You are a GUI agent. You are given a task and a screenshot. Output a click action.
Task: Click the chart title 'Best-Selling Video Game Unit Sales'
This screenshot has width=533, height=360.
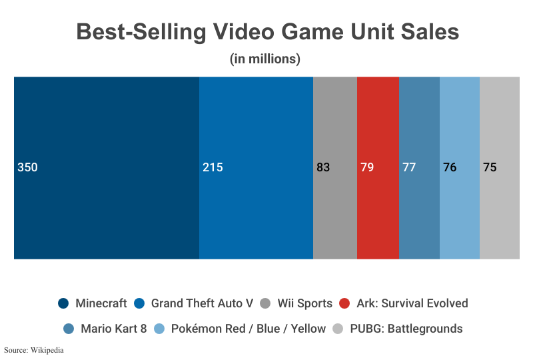tap(267, 31)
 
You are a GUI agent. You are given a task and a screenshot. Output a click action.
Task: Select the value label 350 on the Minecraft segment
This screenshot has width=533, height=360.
tap(27, 167)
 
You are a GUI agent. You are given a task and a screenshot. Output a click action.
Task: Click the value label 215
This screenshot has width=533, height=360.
tap(213, 167)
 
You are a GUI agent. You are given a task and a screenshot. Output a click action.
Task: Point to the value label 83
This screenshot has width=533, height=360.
tap(323, 167)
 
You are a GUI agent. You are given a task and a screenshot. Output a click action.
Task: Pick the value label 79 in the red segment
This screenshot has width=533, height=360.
tap(367, 167)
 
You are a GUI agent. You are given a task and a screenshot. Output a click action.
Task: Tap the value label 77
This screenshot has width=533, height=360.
tap(409, 167)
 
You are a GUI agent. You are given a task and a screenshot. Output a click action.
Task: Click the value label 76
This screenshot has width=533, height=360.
tap(450, 167)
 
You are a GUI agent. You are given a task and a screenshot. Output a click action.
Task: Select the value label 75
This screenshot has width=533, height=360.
tap(490, 167)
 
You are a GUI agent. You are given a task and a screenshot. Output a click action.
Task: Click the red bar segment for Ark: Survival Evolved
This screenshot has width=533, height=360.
tap(378, 213)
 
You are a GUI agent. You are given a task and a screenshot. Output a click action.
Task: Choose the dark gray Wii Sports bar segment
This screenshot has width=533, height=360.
tap(335, 213)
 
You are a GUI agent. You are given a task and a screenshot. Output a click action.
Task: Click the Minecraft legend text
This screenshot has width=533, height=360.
tap(101, 303)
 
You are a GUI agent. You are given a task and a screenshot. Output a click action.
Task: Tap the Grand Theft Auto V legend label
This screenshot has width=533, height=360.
tap(202, 303)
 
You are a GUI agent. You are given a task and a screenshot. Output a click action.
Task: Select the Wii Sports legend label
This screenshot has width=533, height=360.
tap(304, 303)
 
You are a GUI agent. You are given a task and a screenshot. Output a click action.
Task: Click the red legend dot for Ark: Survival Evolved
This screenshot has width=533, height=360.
tap(344, 303)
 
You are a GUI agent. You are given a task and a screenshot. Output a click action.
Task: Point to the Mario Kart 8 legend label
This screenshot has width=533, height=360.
tap(113, 329)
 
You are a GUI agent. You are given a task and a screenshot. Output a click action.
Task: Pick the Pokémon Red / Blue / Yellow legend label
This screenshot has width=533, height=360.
tap(249, 329)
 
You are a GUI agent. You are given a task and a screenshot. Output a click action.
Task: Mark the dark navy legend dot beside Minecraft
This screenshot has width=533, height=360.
tap(64, 303)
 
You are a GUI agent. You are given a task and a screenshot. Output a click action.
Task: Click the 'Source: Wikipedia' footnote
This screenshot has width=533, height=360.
tap(33, 349)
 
